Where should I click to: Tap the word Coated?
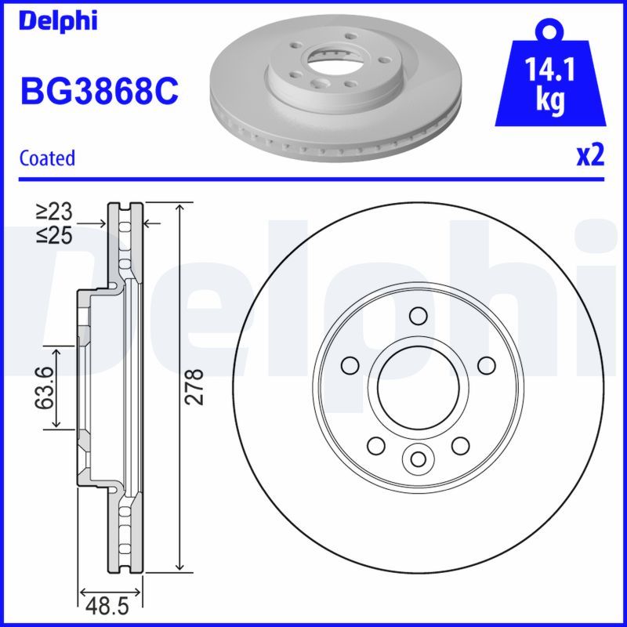pos(47,158)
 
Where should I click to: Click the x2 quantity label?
pos(591,156)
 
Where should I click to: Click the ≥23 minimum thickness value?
pos(54,211)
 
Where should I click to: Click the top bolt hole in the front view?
pos(418,315)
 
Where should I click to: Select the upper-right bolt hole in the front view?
pos(487,365)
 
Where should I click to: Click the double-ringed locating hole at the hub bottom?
pos(418,458)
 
